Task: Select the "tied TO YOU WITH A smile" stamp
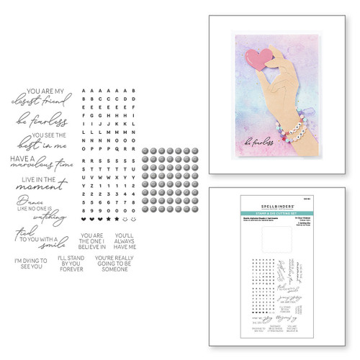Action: pyautogui.click(x=40, y=235)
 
